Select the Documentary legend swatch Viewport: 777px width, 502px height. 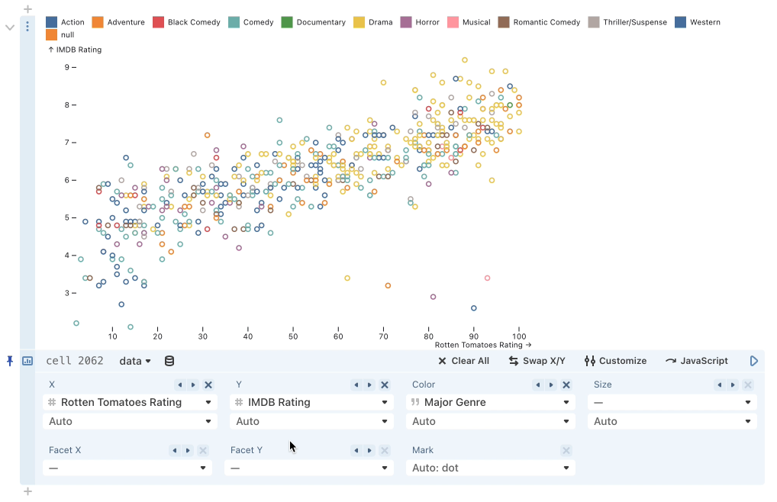[287, 22]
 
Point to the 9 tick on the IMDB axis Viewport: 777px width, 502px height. [66, 67]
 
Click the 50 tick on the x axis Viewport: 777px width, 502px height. [293, 336]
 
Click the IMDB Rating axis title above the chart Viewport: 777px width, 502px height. [75, 50]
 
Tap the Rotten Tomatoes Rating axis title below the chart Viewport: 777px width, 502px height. [482, 345]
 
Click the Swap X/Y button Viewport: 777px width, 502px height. [537, 361]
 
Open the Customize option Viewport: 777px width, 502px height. [615, 361]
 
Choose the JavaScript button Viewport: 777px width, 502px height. [697, 361]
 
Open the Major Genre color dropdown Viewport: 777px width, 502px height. [490, 402]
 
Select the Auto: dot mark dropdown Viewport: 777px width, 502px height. [490, 468]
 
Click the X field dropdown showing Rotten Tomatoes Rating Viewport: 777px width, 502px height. [130, 402]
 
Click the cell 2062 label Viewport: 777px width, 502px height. [75, 361]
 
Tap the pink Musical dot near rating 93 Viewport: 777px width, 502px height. [487, 278]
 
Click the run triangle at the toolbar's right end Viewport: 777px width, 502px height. [754, 361]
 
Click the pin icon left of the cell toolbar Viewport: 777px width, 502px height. [10, 361]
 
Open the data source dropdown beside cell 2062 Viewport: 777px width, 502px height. [135, 361]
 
